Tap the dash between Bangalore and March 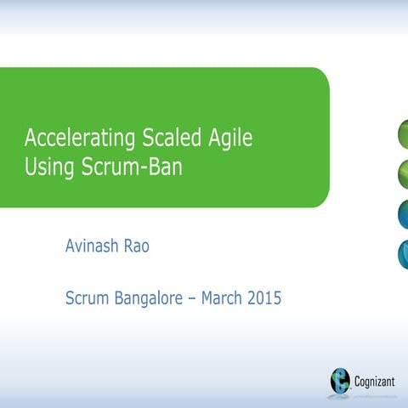point(192,299)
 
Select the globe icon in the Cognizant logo point(341,380)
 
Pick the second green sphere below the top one point(403,175)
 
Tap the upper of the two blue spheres point(403,214)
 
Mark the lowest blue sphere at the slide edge point(403,253)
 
